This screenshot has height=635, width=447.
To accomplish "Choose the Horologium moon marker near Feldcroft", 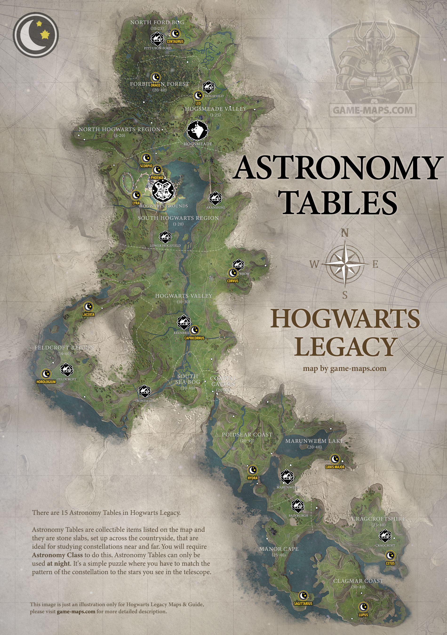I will point(46,374).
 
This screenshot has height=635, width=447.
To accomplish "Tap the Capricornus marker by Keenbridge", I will point(195,330).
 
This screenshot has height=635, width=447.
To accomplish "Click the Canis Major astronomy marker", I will point(335,459).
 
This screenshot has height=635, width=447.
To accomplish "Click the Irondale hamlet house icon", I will point(144,391).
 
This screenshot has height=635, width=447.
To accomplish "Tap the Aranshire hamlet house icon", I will point(215,198).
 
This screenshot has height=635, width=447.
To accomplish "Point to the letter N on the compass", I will point(344,233).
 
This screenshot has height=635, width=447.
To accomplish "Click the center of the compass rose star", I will point(344,264).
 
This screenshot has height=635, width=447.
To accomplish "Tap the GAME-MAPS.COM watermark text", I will point(373,110).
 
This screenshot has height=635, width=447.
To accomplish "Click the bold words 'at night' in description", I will point(59,563).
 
